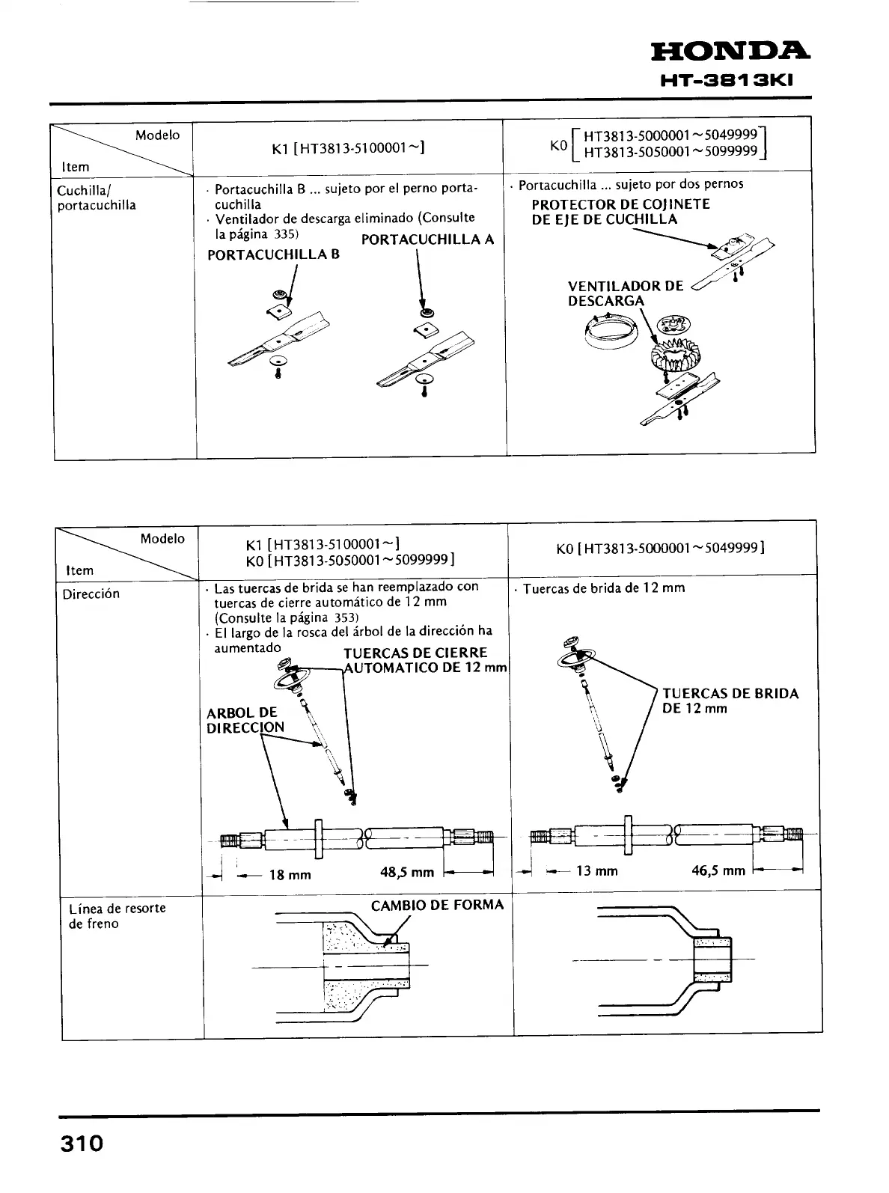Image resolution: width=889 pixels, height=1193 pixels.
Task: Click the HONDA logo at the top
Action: pyautogui.click(x=730, y=52)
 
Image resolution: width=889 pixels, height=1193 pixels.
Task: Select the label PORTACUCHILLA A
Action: pyautogui.click(x=427, y=239)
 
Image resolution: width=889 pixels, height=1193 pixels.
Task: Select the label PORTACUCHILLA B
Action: pyautogui.click(x=273, y=254)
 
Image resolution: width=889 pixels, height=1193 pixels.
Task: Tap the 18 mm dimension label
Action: pyautogui.click(x=290, y=875)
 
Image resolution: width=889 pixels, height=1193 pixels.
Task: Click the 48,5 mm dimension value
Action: pyautogui.click(x=407, y=873)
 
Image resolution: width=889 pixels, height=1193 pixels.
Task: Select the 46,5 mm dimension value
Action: pyautogui.click(x=718, y=870)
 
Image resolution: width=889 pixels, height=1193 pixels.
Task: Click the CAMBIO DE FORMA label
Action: pyautogui.click(x=437, y=906)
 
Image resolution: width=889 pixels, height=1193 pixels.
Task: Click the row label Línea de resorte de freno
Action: pyautogui.click(x=117, y=916)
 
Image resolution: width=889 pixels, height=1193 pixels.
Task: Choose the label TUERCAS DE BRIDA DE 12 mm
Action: pyautogui.click(x=730, y=701)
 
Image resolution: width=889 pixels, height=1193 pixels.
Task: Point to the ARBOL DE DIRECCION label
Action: pyautogui.click(x=245, y=720)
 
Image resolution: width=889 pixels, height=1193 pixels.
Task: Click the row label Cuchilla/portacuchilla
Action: pyautogui.click(x=97, y=198)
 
